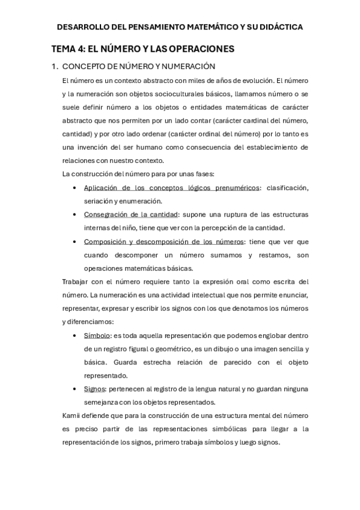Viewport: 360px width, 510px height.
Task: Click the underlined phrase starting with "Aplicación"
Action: (172, 188)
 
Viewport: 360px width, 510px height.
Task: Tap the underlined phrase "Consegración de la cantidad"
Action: (130, 215)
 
